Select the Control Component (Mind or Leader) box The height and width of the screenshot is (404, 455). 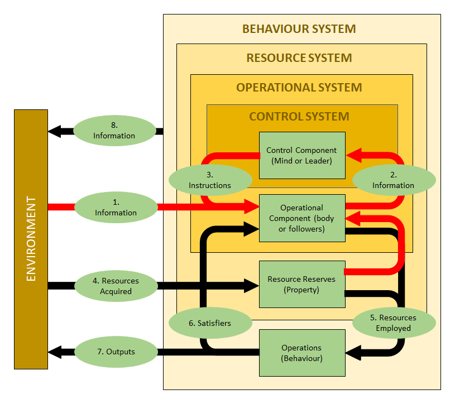click(x=302, y=155)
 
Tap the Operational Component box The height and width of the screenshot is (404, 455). click(x=302, y=218)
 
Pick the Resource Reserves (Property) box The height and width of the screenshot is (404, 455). click(x=302, y=284)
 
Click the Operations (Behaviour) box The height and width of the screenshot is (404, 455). click(x=302, y=353)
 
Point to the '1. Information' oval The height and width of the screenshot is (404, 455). click(x=116, y=207)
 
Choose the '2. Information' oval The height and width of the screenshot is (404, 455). click(x=393, y=180)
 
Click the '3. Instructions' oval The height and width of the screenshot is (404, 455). click(x=210, y=180)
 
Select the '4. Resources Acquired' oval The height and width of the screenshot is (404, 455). click(x=116, y=286)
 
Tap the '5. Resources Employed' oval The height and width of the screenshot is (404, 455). click(x=393, y=323)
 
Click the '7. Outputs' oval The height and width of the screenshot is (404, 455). click(x=116, y=352)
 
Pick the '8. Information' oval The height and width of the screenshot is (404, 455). click(x=114, y=130)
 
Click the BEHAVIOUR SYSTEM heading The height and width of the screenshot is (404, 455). click(x=299, y=29)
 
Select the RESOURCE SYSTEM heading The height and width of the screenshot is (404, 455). click(x=299, y=58)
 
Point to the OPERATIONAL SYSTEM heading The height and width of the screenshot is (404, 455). click(x=299, y=88)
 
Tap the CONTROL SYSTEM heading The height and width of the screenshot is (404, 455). click(x=299, y=117)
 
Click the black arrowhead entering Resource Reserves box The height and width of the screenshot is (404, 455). click(x=251, y=286)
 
